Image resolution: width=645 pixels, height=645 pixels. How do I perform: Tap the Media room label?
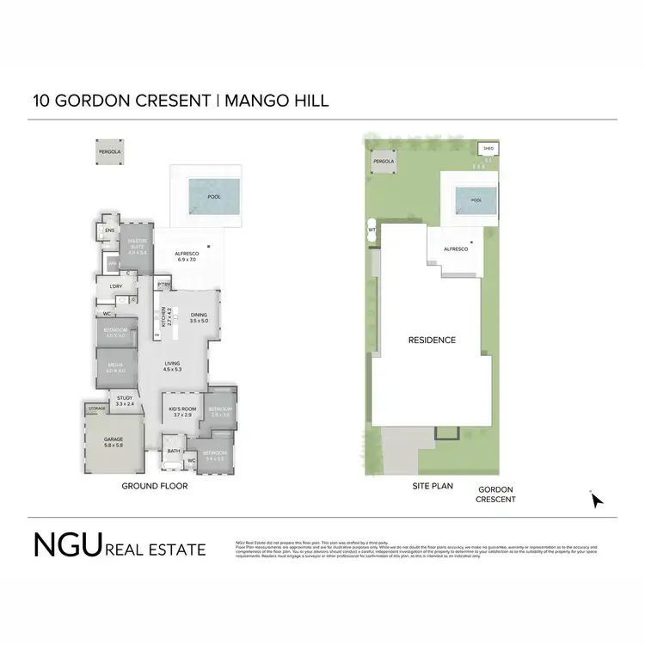(114, 370)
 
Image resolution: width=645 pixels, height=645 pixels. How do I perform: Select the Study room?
(126, 400)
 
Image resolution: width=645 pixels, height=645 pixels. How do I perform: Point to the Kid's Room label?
(181, 410)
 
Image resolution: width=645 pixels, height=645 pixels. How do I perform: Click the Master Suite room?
(137, 249)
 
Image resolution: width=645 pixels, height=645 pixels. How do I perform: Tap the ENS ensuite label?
(110, 230)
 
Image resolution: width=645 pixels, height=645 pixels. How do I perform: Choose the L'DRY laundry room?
(116, 286)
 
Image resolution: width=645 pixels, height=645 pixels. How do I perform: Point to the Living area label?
(173, 366)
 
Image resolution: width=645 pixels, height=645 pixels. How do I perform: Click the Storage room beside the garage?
(96, 408)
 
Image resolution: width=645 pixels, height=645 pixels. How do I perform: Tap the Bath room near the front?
(174, 451)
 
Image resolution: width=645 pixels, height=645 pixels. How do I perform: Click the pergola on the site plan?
(383, 161)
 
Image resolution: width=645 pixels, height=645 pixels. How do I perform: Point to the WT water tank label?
(372, 230)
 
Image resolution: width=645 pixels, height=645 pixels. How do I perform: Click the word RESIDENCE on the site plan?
(432, 341)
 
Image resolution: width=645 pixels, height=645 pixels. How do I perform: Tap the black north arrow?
(596, 500)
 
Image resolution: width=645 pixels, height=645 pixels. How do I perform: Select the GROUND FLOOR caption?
(155, 486)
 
